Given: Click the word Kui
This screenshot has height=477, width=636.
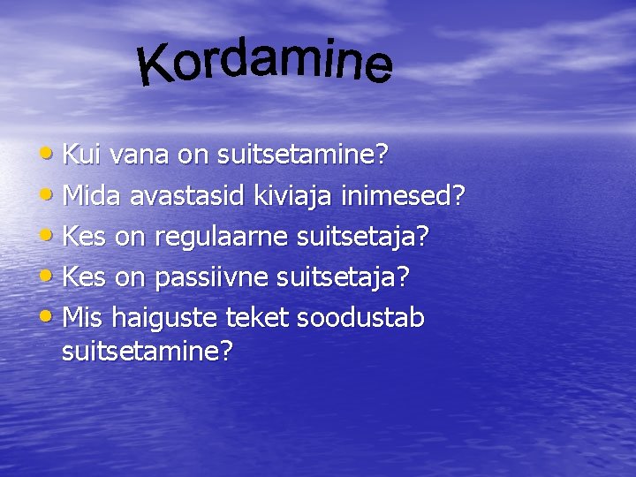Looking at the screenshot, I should [82, 155].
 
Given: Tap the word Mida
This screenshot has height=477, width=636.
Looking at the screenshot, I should [94, 196].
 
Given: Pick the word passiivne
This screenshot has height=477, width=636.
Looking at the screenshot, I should [212, 277].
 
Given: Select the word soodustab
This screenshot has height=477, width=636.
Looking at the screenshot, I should [361, 317].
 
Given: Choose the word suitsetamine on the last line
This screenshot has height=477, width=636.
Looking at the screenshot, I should [148, 352].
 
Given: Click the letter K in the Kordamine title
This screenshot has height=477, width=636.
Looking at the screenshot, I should [158, 68].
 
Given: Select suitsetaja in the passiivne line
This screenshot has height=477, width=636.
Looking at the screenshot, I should [343, 277].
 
